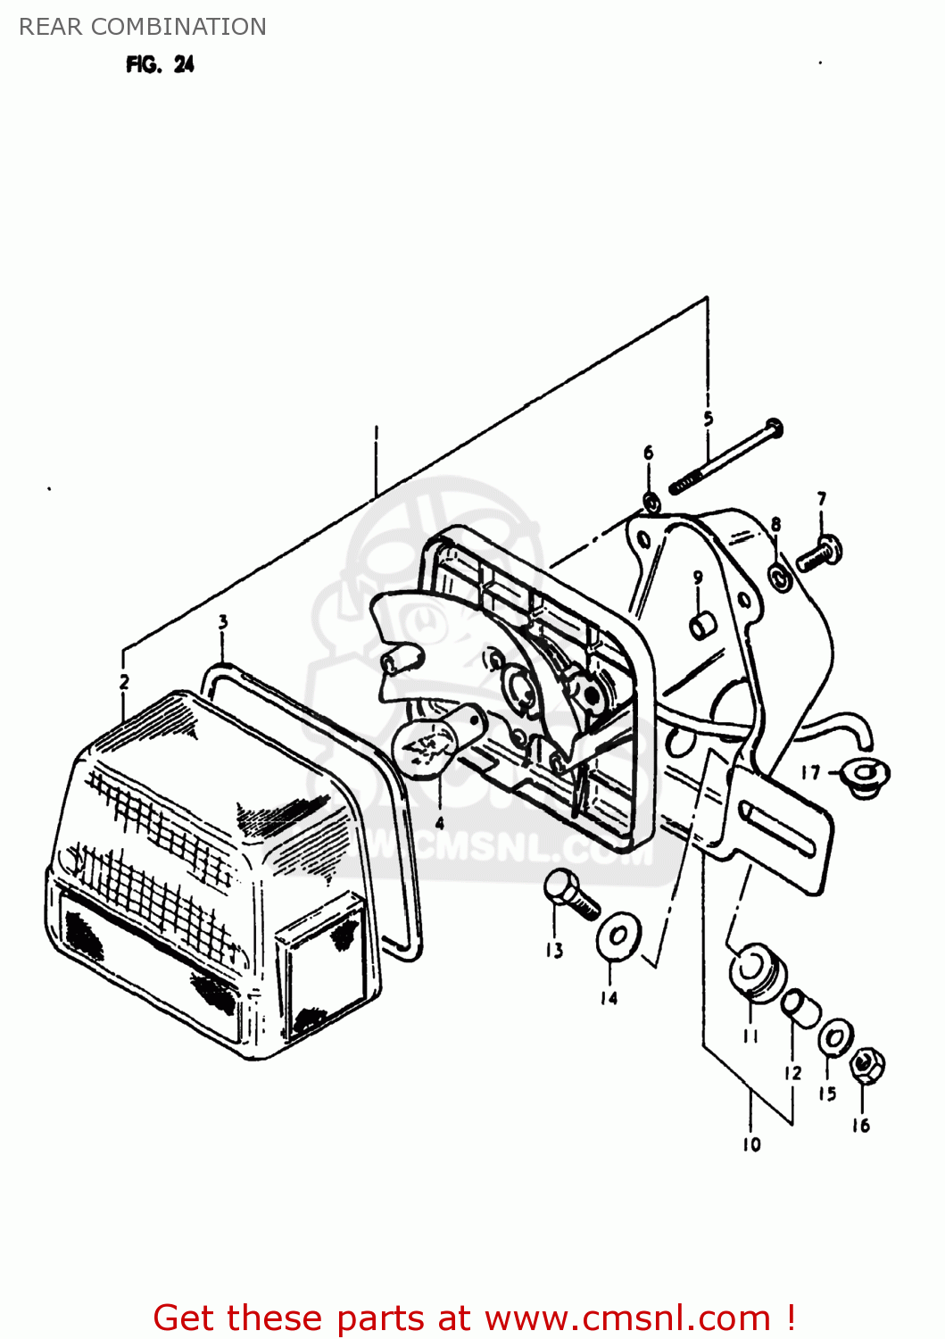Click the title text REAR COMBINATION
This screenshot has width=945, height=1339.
143,27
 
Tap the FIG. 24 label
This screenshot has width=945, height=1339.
160,64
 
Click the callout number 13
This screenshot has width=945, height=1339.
554,950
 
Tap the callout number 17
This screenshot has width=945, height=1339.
809,772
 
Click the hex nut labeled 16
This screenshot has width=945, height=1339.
866,1064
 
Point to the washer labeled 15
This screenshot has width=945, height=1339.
835,1037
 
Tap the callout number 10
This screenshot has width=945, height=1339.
751,1144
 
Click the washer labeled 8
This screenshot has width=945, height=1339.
779,577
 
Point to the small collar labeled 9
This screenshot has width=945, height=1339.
700,624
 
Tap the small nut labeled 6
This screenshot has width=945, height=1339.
651,502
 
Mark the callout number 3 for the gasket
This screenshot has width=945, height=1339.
222,622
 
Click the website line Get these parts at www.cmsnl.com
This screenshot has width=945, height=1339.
473,1318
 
